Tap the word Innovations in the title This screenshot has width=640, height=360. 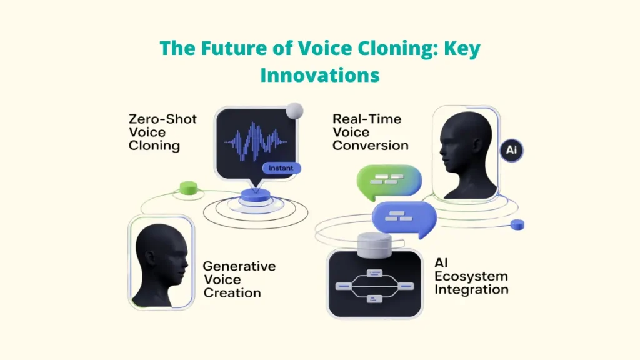(x=319, y=75)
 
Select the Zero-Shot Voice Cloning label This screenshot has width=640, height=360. (x=163, y=132)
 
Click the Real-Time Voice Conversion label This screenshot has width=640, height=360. (x=370, y=132)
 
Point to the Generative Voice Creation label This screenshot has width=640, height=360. (x=239, y=279)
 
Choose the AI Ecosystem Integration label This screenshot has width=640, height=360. (x=471, y=276)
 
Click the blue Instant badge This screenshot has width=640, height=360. (x=281, y=168)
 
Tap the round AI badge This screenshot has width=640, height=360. (x=512, y=151)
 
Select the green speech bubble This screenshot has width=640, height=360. (x=387, y=181)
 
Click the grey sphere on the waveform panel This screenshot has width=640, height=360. (x=294, y=111)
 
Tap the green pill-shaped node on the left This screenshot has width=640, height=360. (x=188, y=187)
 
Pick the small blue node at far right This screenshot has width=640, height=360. (x=517, y=224)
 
